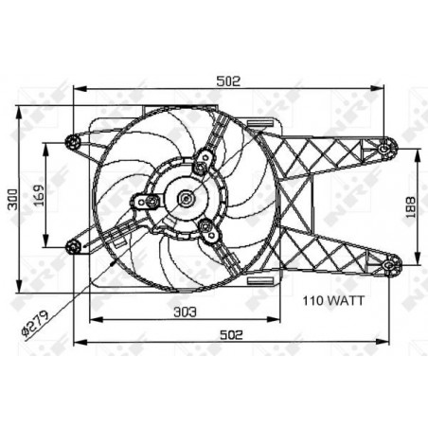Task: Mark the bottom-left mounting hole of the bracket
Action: coord(74,247)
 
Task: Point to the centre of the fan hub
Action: coord(186,199)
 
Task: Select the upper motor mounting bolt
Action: coord(199,168)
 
